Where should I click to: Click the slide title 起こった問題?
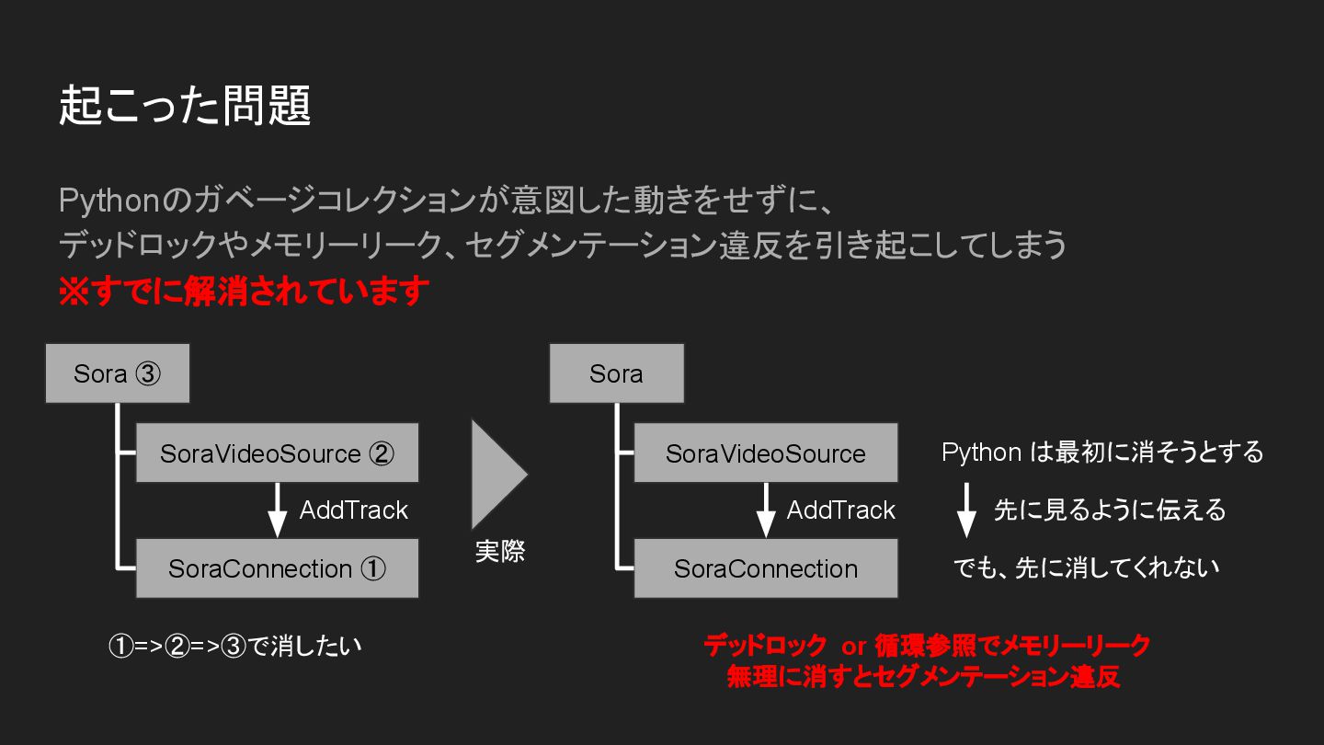pyautogui.click(x=185, y=106)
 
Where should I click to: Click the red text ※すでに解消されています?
pyautogui.click(x=244, y=292)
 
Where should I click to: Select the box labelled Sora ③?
pyautogui.click(x=118, y=373)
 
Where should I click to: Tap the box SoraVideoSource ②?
pyautogui.click(x=277, y=453)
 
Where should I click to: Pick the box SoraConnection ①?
pyautogui.click(x=277, y=568)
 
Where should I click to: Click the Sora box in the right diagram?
pyautogui.click(x=616, y=373)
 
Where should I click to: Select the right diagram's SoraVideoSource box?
pyautogui.click(x=765, y=453)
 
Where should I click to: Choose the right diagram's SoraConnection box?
pyautogui.click(x=765, y=568)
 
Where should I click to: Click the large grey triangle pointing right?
pyautogui.click(x=496, y=475)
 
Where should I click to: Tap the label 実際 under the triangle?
pyautogui.click(x=500, y=552)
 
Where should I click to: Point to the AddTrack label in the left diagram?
pyautogui.click(x=353, y=510)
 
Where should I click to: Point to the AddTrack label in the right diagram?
pyautogui.click(x=840, y=510)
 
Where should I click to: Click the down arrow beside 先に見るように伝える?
pyautogui.click(x=965, y=511)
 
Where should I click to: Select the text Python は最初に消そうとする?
pyautogui.click(x=1102, y=453)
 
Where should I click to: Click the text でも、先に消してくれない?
pyautogui.click(x=1086, y=568)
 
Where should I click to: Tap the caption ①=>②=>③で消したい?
pyautogui.click(x=235, y=646)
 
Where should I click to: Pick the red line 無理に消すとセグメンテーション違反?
pyautogui.click(x=923, y=678)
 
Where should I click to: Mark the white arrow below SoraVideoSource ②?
pyautogui.click(x=277, y=510)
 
